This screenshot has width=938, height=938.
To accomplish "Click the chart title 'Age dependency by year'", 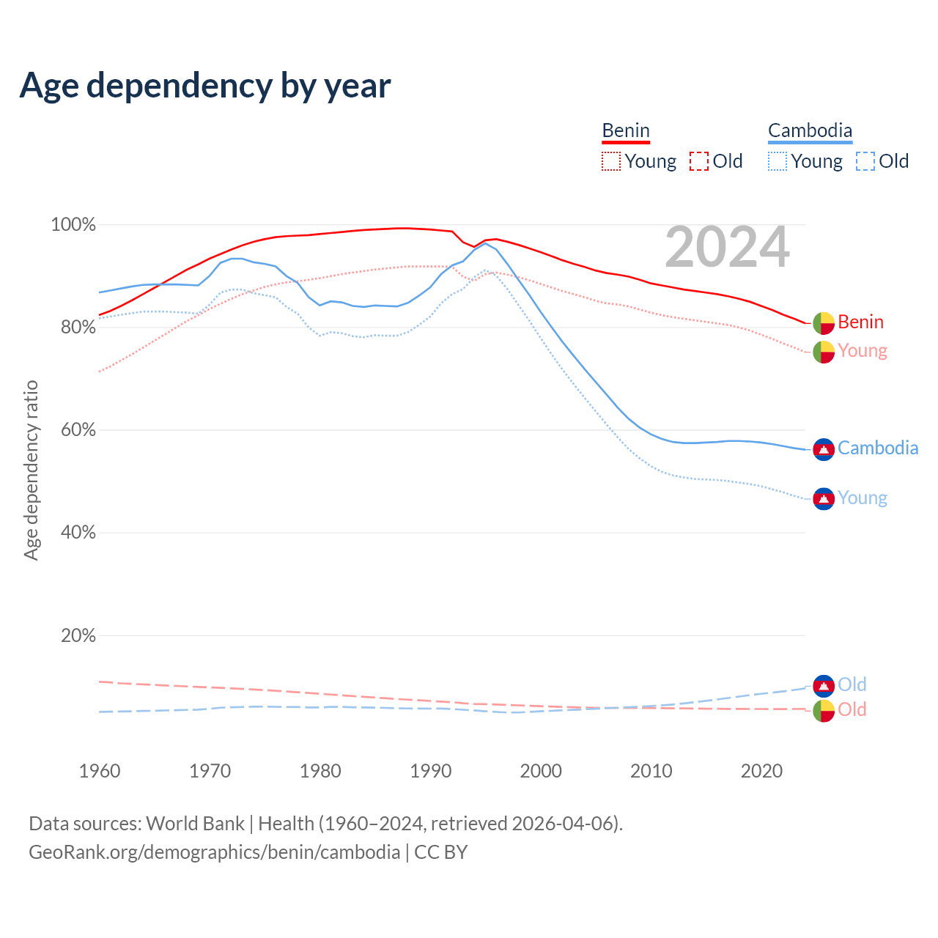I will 205,86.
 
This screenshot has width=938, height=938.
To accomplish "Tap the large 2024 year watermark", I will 727,247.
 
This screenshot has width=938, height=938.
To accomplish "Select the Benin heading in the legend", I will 626,130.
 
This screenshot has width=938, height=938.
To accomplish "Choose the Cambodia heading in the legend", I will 810,130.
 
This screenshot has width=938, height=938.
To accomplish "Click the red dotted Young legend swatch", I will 611,161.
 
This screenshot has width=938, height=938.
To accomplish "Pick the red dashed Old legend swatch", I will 699,161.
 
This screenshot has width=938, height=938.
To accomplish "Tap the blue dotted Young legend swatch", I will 778,161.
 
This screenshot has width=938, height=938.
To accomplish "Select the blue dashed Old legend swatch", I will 865,161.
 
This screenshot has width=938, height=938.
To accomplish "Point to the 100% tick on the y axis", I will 73,225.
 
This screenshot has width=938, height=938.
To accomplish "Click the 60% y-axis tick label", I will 78,430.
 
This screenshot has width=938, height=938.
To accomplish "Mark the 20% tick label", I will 78,635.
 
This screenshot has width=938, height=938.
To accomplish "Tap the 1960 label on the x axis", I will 100,771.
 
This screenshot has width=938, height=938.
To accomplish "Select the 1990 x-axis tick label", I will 431,771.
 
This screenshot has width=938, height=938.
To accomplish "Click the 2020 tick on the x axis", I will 761,771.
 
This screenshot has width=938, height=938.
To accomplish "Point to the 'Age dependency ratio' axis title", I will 31,470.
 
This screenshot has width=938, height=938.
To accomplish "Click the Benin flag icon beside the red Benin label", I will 824,322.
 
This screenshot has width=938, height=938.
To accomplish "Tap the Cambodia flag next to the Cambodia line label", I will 824,449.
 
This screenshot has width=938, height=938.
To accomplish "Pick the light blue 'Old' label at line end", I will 852,684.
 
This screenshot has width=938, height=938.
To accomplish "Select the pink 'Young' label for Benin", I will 863,351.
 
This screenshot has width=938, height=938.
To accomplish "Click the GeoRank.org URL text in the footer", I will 214,852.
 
